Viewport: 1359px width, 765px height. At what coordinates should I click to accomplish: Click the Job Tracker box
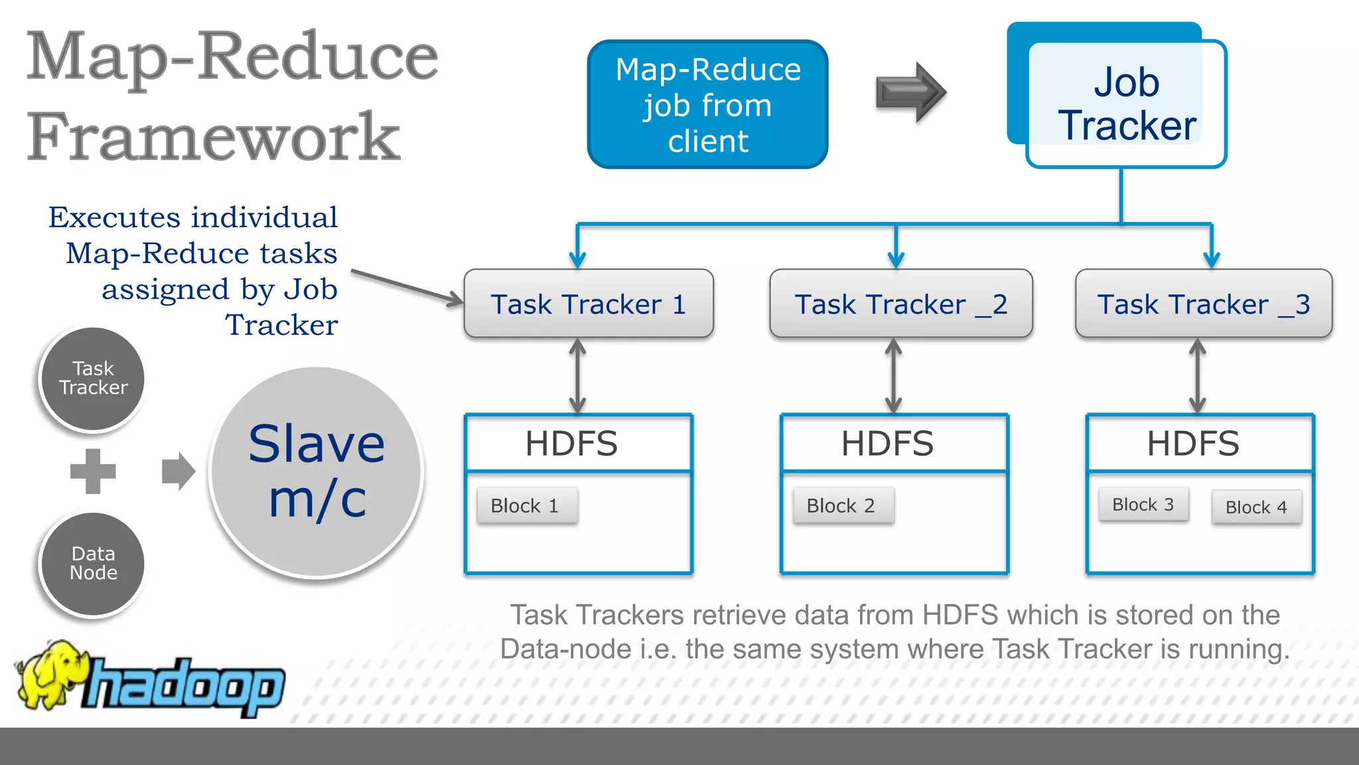pos(1126,104)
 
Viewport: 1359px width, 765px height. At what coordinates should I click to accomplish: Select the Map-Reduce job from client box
pos(707,104)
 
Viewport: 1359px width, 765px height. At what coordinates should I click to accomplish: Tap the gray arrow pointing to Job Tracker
pos(910,92)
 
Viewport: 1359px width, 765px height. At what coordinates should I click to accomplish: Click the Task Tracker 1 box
pos(589,304)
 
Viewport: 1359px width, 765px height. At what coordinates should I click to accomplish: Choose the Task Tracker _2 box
pos(900,304)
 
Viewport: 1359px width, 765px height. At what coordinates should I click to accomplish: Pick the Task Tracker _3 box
pos(1203,304)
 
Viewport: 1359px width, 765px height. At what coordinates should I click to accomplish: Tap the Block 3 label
pos(1143,505)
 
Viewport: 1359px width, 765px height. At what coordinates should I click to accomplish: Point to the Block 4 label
pos(1256,507)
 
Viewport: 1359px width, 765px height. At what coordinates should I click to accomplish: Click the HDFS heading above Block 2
pos(887,444)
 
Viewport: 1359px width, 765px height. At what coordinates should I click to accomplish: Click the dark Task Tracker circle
pos(93,379)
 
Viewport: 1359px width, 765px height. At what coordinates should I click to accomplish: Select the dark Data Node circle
pos(93,564)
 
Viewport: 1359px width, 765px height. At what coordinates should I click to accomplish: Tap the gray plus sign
pos(93,471)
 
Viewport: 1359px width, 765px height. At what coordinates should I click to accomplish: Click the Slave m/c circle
pos(317,471)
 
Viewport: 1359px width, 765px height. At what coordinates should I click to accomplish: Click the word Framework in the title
pos(213,137)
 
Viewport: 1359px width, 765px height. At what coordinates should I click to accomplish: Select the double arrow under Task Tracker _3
pos(1197,376)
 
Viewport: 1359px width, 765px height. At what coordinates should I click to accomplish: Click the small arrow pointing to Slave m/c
pos(178,471)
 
